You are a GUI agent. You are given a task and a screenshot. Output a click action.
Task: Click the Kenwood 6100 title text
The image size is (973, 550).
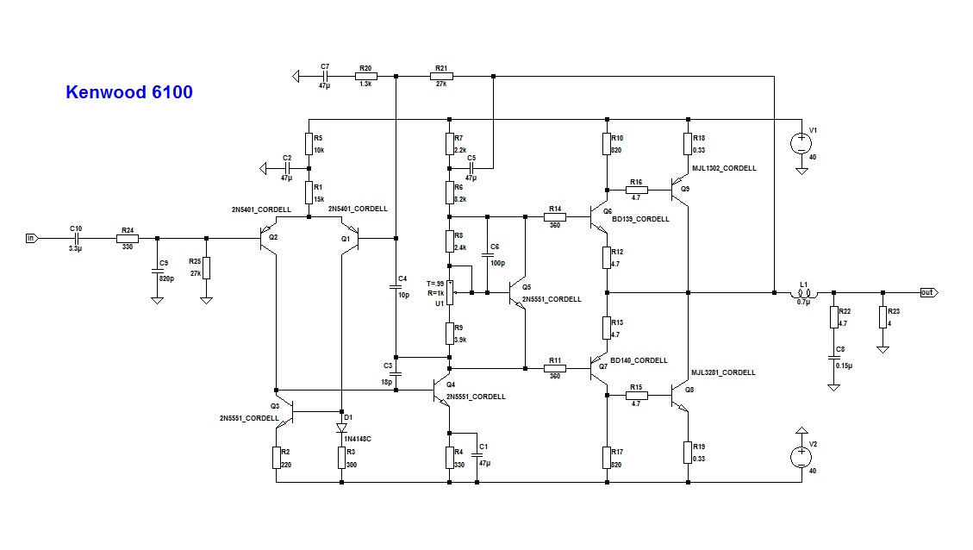point(128,91)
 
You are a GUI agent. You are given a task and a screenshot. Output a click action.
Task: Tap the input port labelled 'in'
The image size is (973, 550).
point(32,238)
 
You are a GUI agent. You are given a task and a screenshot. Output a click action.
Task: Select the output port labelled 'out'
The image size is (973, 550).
point(927,292)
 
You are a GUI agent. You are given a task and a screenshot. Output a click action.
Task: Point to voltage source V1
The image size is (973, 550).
point(801,140)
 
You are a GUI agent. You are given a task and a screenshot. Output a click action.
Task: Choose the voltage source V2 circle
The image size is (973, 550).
point(801,453)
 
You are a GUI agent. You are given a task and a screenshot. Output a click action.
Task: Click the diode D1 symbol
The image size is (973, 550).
point(342,427)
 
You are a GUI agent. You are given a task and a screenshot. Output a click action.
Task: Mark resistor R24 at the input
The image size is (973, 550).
point(128,238)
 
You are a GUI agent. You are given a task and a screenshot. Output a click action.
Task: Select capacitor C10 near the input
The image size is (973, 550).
point(77,238)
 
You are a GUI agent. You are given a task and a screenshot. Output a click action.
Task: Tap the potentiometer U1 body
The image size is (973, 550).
point(449,293)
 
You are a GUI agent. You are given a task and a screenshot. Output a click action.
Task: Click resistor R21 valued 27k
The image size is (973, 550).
point(441,77)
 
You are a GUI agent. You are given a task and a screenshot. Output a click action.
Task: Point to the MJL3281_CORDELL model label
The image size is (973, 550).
point(723,372)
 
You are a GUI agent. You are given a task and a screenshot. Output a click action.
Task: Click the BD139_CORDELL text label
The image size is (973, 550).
point(640,220)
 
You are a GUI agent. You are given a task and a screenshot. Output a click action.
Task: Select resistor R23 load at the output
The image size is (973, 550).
point(883,317)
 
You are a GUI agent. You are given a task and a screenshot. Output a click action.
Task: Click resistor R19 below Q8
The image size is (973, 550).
point(689,452)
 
